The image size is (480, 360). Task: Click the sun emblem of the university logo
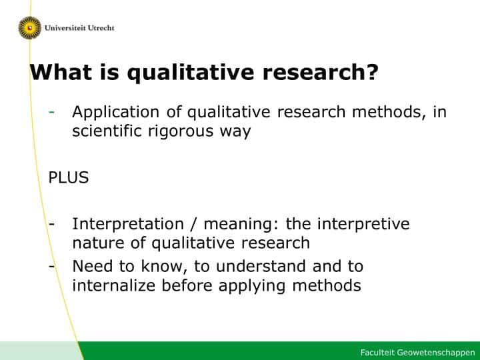click(30, 28)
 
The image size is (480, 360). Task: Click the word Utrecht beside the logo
click(101, 28)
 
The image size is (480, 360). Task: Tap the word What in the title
click(61, 72)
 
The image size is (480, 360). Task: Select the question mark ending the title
click(372, 72)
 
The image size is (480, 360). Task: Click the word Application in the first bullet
click(116, 113)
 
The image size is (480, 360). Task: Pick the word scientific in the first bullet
click(107, 131)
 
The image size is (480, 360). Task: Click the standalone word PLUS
click(69, 177)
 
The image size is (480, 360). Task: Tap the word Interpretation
click(128, 225)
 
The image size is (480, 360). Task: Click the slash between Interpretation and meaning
click(193, 225)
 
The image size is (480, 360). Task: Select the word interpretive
click(363, 225)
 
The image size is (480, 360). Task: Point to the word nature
click(98, 243)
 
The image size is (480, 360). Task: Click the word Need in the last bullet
click(93, 266)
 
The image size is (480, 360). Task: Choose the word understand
click(261, 266)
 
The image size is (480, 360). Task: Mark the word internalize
click(114, 285)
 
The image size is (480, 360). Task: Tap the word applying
click(252, 286)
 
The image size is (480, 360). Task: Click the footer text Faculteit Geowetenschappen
click(417, 353)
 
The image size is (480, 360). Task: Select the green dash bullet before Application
click(52, 113)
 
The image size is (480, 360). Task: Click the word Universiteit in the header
click(65, 28)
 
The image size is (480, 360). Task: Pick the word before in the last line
click(187, 285)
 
